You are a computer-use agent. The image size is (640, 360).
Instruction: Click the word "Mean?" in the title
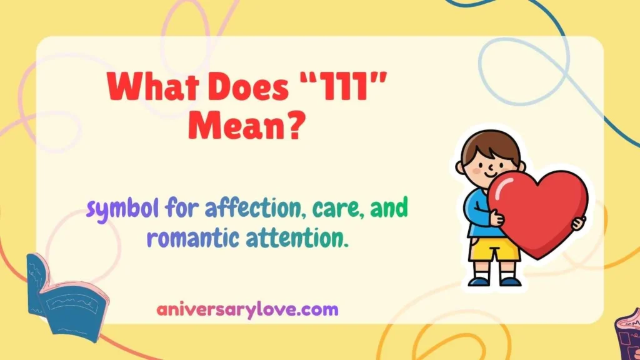(247, 127)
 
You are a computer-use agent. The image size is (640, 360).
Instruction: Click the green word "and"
(389, 211)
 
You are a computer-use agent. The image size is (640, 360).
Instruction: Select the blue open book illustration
(62, 294)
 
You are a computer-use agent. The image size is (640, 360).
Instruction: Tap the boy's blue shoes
(493, 281)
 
